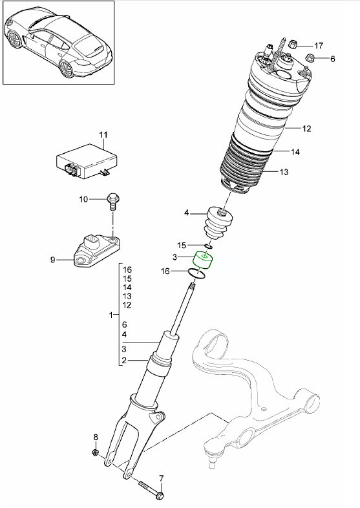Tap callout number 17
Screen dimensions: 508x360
[318, 45]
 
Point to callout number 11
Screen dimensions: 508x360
[102, 134]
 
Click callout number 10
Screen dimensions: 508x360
[83, 200]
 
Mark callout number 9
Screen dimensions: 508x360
[53, 260]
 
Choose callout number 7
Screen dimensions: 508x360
[162, 478]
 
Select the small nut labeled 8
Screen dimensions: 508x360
[95, 452]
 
